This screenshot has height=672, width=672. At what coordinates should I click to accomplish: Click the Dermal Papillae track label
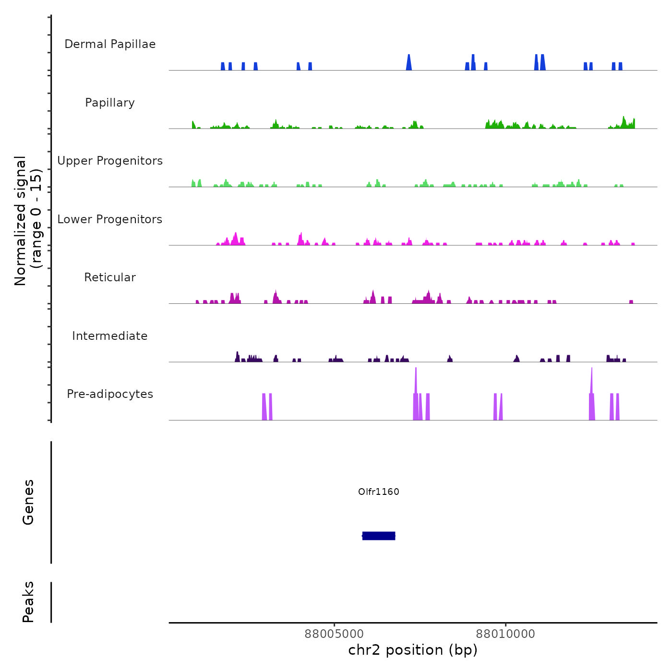110,44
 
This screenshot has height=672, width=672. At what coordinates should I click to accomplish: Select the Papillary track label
110,103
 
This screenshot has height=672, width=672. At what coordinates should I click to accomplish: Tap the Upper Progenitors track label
110,161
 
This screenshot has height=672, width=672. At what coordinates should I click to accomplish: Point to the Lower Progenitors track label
110,219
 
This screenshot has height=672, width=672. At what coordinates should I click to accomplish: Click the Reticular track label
110,277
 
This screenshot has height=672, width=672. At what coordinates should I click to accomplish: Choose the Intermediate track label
110,336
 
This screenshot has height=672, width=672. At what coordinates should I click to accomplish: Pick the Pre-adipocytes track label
110,394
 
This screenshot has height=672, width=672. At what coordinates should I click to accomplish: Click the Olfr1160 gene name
379,492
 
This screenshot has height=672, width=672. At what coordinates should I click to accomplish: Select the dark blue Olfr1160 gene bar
379,536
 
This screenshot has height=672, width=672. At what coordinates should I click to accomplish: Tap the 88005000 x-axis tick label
334,634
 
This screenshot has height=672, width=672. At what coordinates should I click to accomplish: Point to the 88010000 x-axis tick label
505,634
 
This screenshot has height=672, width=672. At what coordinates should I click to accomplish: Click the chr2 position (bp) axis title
413,650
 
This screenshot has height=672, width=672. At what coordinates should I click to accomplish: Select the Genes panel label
28,502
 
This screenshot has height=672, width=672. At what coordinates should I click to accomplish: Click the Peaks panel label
28,602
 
